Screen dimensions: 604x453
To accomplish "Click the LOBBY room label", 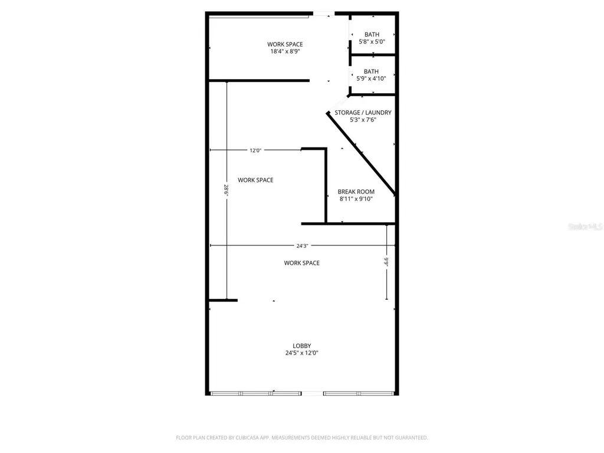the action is [x=301, y=346].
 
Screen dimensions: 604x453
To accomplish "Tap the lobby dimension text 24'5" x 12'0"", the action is [x=301, y=353].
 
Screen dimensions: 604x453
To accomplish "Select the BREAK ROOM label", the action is [x=356, y=192].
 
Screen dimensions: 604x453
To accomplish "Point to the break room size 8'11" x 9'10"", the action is [x=356, y=199].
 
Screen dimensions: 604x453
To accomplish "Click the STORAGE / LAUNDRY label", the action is [x=363, y=113].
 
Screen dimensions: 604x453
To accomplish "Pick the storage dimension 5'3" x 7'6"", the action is [x=363, y=120].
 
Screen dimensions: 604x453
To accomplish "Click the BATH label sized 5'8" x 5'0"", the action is [x=372, y=35].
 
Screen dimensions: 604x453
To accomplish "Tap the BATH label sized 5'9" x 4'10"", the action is [x=371, y=71].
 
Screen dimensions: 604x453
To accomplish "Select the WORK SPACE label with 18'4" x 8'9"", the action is [x=285, y=44].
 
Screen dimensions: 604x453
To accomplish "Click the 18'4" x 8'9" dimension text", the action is [x=285, y=51].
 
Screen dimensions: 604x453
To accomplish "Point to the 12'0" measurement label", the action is [x=255, y=150].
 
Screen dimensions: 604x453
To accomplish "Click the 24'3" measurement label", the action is [x=302, y=246].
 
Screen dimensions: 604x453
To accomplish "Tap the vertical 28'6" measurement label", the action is [x=226, y=191].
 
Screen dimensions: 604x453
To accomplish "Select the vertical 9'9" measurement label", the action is [x=386, y=262].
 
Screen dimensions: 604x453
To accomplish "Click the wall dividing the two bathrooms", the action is [x=373, y=55].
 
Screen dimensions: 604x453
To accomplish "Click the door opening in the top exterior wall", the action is [x=324, y=14].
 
